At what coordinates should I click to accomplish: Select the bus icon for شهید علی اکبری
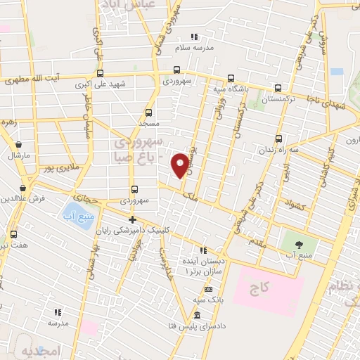(100, 73)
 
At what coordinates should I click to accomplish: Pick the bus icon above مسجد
(148, 112)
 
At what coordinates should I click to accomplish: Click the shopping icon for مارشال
(18, 144)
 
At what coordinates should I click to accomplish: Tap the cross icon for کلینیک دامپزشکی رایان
(131, 220)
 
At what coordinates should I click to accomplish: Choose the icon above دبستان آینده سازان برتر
(203, 250)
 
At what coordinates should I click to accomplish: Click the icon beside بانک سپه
(207, 290)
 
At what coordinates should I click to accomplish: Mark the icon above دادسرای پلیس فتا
(198, 314)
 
